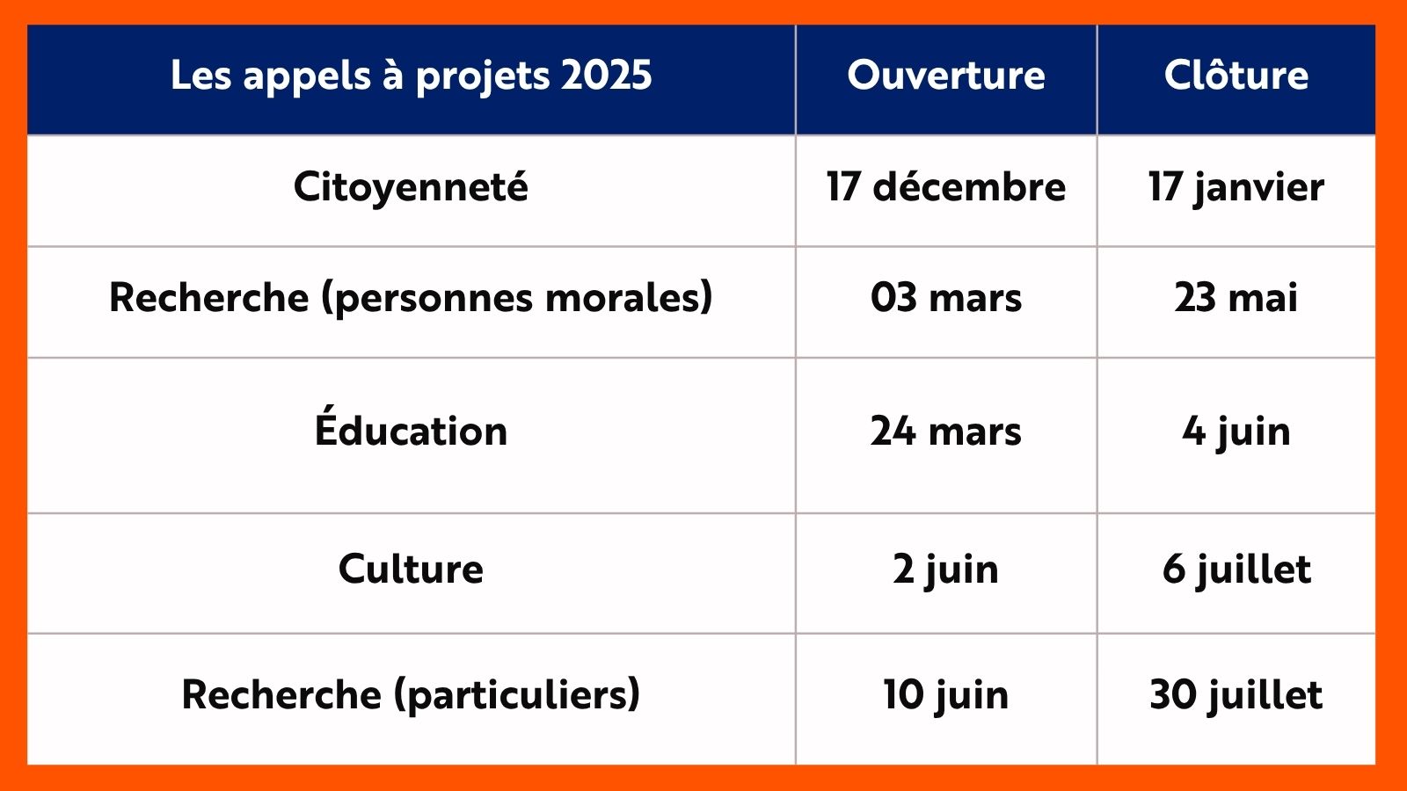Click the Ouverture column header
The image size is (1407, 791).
tap(946, 76)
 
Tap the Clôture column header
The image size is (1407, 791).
tap(1236, 76)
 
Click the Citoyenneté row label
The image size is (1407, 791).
tap(411, 187)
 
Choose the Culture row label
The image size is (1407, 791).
tap(411, 569)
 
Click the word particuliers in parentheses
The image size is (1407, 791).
tap(518, 695)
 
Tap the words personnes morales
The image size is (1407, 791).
tap(517, 298)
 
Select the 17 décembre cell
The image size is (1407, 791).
tap(946, 187)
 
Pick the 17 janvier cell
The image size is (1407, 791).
tap(1236, 187)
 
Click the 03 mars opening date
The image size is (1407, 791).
tap(946, 298)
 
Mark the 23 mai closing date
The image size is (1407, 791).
tap(1236, 298)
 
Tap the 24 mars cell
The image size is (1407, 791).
tap(946, 432)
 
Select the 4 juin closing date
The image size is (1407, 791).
tap(1236, 432)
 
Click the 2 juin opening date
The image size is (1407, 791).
tap(946, 570)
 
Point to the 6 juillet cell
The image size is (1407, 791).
tap(1236, 570)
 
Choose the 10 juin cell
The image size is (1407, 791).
tap(946, 695)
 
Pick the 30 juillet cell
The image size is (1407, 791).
tap(1236, 695)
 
